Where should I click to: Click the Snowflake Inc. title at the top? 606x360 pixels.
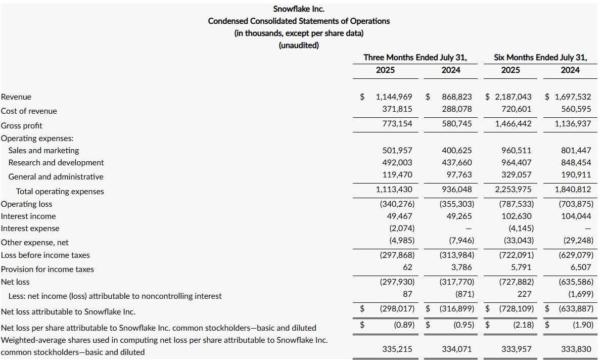299,9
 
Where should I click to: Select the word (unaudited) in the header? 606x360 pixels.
299,45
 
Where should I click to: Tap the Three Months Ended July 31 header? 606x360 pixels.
415,57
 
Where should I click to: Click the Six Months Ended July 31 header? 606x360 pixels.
540,57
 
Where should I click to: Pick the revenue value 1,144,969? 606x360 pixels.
394,97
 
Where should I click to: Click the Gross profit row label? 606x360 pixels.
22,125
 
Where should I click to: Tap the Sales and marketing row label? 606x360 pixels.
43,150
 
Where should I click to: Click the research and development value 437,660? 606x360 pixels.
456,162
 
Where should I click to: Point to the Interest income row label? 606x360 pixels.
28,216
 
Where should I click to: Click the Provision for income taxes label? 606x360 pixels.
48,269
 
